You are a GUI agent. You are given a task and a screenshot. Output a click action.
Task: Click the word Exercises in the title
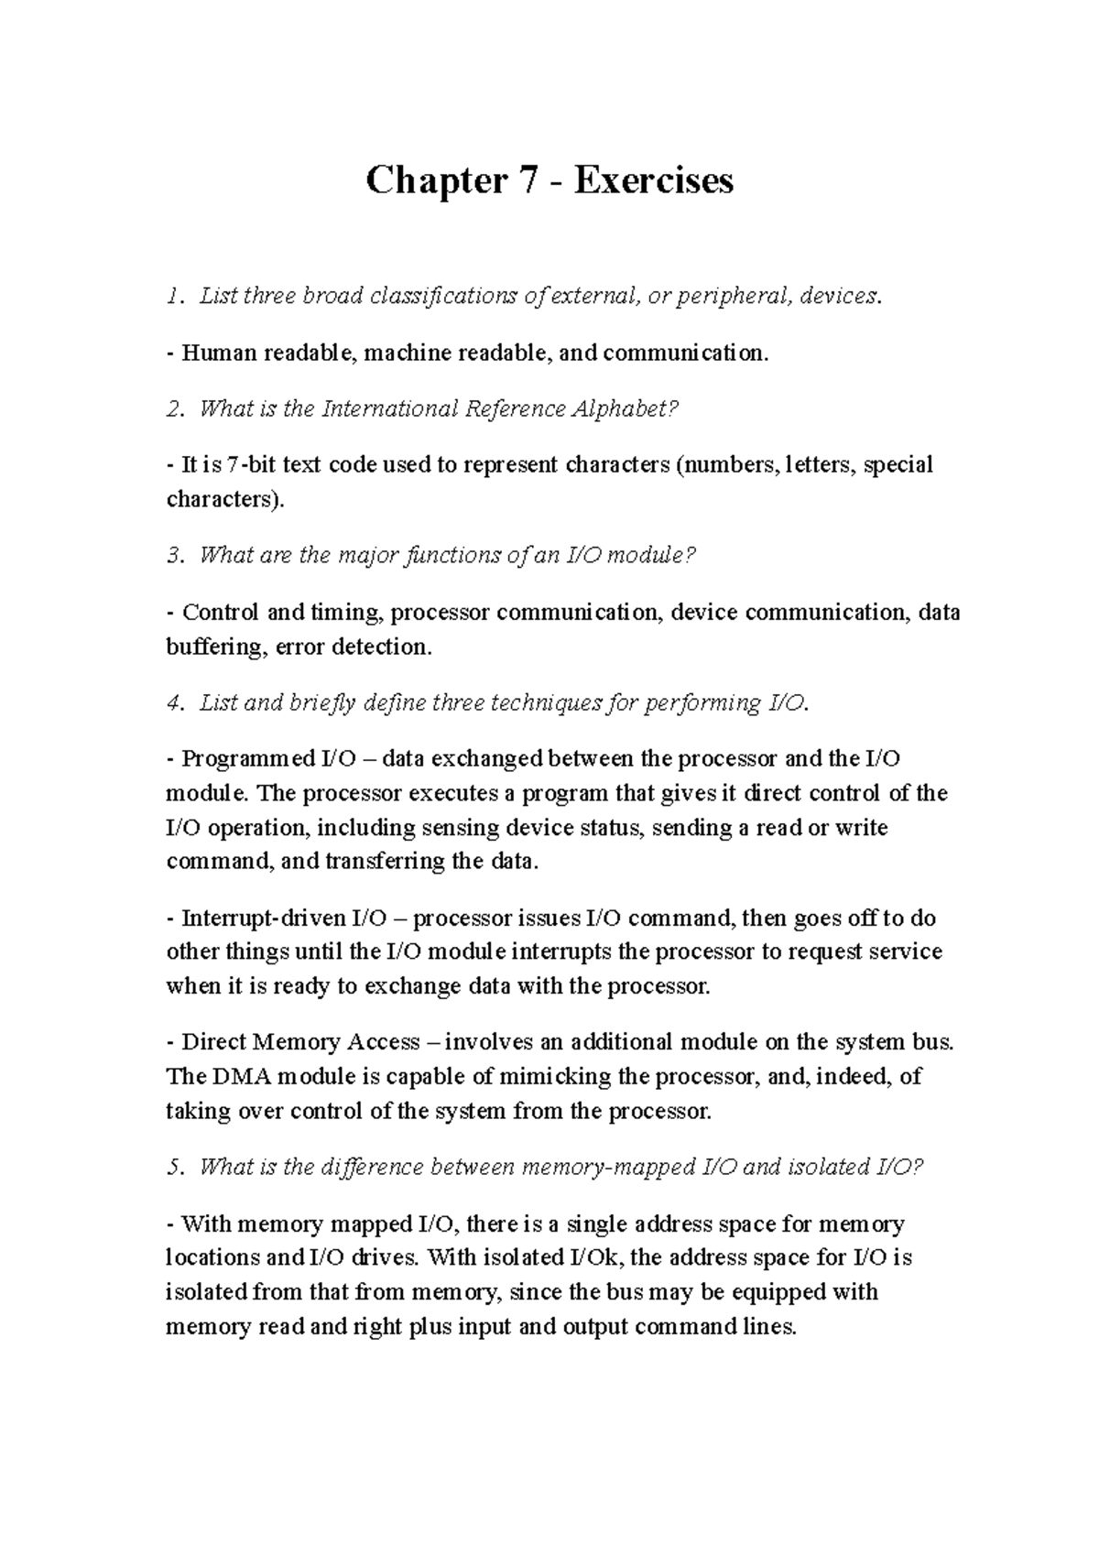tap(654, 181)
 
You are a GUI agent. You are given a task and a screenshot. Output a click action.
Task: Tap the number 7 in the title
tap(528, 181)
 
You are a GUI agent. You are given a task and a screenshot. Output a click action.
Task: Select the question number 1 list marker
tap(171, 297)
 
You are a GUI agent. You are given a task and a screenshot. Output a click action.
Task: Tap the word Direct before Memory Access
tap(213, 1042)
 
